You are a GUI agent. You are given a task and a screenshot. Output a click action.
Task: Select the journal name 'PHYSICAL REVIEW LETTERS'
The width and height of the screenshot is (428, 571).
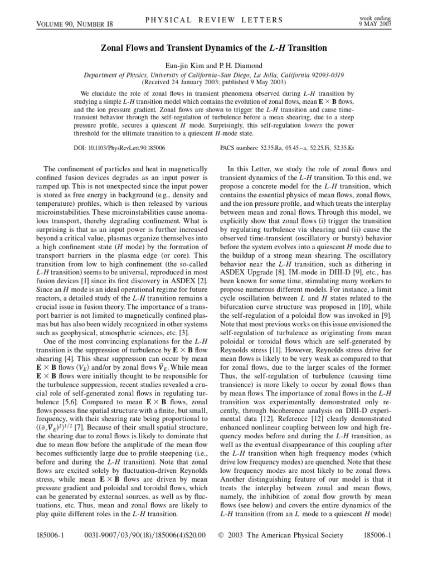pos(214,21)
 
